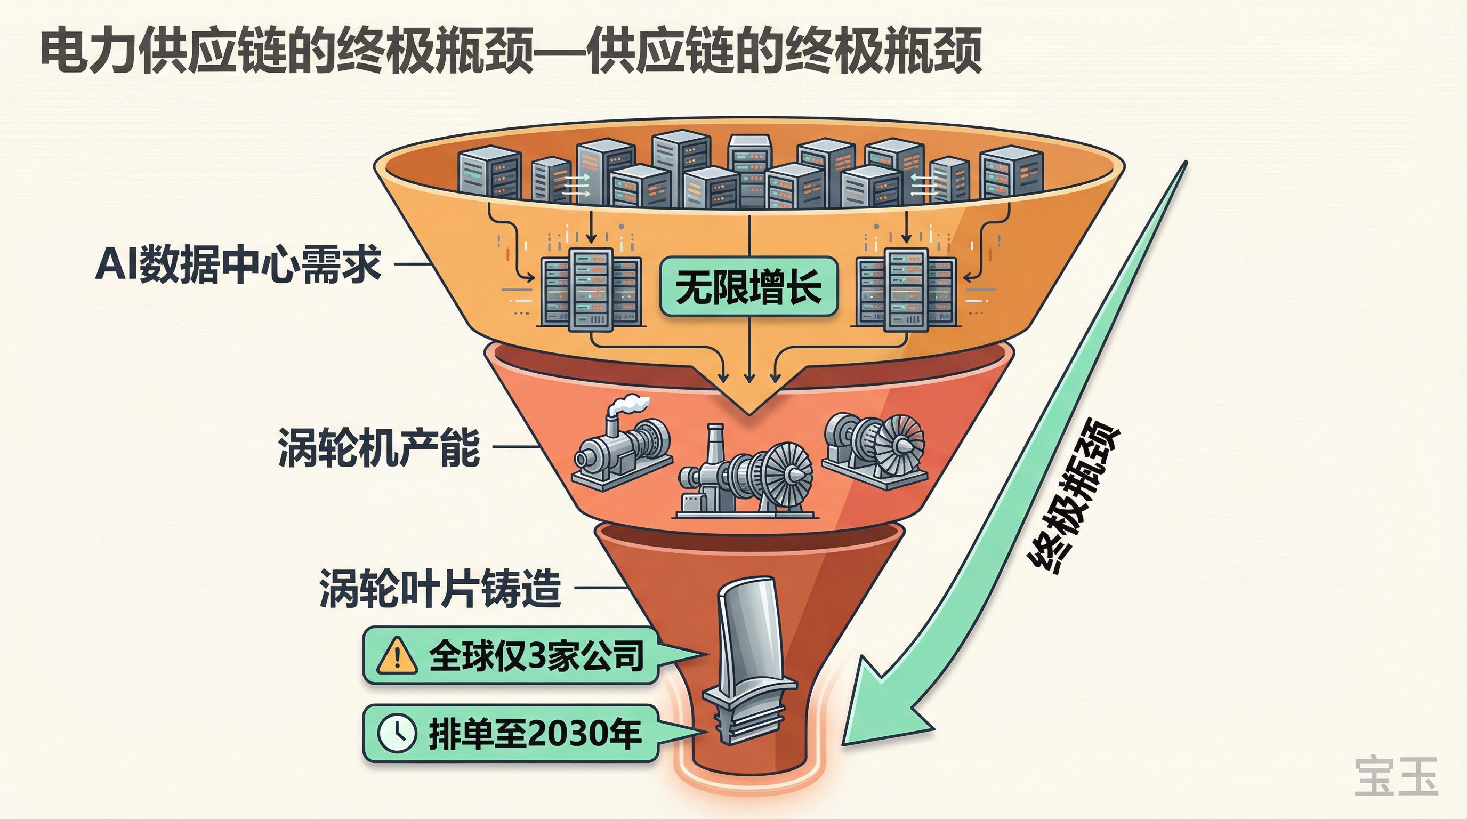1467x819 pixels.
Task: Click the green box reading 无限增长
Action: (748, 286)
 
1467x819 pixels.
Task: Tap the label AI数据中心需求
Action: (238, 264)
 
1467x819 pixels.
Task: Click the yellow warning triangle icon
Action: (397, 655)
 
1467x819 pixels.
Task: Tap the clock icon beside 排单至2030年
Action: (397, 734)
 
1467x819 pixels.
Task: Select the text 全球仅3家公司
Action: (535, 655)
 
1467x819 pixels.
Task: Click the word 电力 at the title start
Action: (89, 52)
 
